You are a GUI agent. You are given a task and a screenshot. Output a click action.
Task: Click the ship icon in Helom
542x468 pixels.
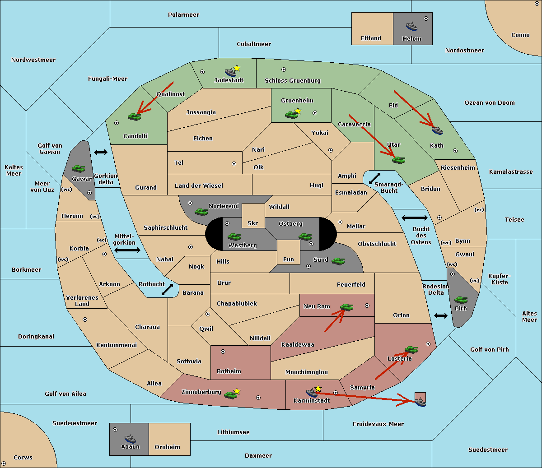pyautogui.click(x=411, y=26)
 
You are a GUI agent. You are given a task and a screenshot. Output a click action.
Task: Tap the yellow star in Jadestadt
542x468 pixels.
pyautogui.click(x=237, y=68)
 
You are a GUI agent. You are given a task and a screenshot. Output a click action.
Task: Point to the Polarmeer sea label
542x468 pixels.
pyautogui.click(x=183, y=15)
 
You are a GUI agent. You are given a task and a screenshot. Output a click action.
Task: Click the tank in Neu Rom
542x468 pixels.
pyautogui.click(x=346, y=307)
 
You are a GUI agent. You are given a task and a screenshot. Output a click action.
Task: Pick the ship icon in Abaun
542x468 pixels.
pyautogui.click(x=130, y=438)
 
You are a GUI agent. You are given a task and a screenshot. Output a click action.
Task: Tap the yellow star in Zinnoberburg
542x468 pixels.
pyautogui.click(x=237, y=391)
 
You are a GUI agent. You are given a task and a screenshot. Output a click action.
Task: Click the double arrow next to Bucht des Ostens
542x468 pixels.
pyautogui.click(x=414, y=218)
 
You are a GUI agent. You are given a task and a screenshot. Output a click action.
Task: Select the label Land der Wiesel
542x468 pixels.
pyautogui.click(x=199, y=185)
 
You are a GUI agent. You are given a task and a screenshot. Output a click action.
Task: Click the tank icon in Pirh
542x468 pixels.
pyautogui.click(x=461, y=300)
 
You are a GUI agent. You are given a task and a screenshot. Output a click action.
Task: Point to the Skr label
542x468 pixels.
pyautogui.click(x=253, y=223)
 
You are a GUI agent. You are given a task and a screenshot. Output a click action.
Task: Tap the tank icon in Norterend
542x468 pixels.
pyautogui.click(x=201, y=212)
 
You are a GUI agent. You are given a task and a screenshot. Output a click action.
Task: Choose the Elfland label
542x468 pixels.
pyautogui.click(x=371, y=38)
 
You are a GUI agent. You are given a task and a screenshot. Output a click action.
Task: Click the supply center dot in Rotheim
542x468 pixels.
pyautogui.click(x=223, y=352)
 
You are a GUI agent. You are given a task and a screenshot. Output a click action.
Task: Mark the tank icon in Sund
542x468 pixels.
pyautogui.click(x=338, y=261)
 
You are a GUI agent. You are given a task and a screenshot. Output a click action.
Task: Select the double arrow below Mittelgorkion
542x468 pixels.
pyautogui.click(x=127, y=250)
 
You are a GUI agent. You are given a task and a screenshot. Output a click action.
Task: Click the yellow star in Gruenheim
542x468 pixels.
pyautogui.click(x=298, y=111)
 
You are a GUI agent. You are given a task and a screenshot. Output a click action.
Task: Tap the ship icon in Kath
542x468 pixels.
pyautogui.click(x=437, y=130)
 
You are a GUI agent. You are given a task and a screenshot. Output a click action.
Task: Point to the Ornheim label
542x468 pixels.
pyautogui.click(x=167, y=447)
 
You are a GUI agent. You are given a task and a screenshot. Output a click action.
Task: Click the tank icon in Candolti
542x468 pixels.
pyautogui.click(x=134, y=116)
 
